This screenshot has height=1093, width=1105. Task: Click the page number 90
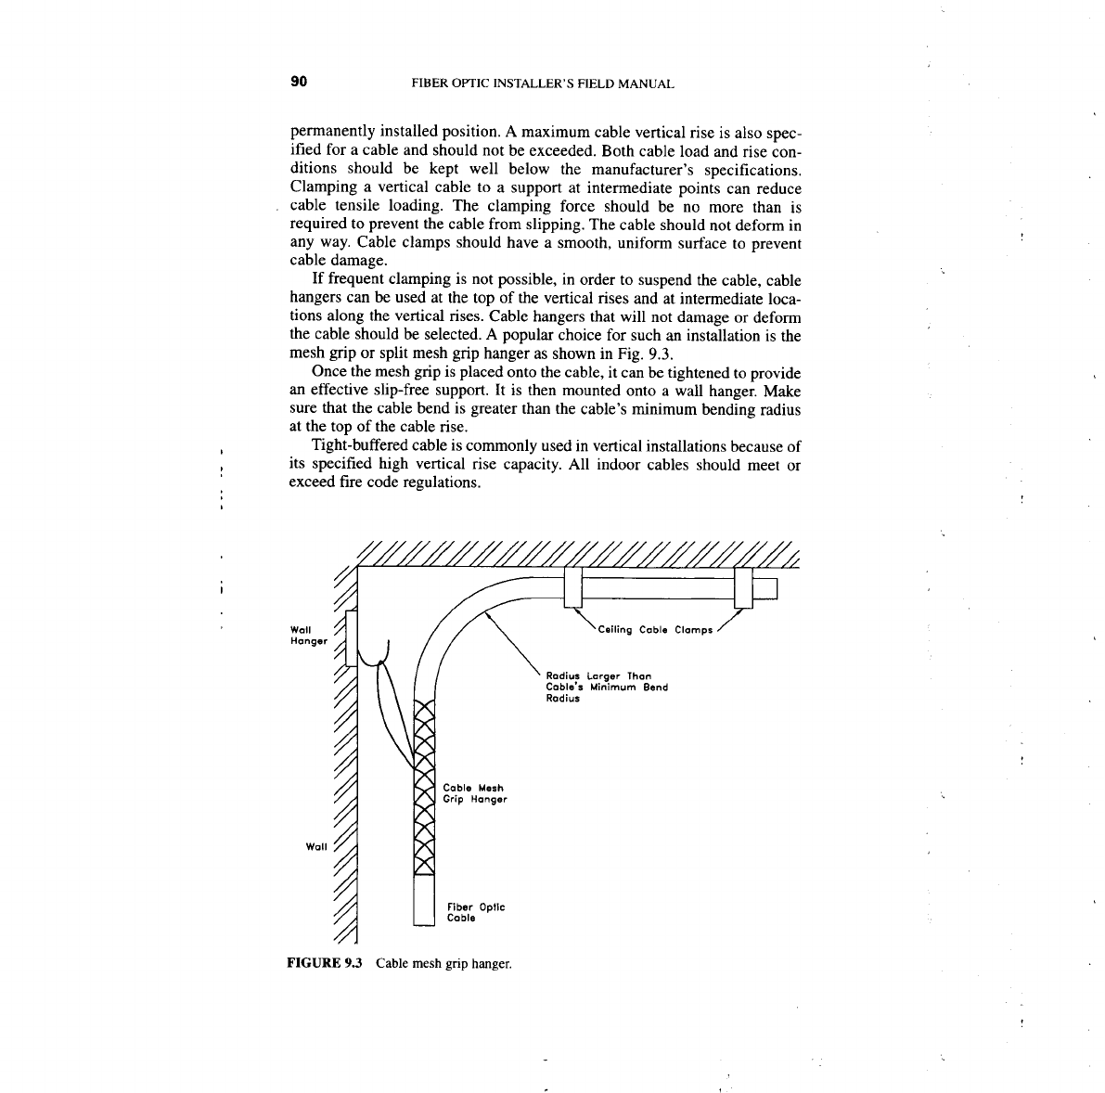(x=299, y=82)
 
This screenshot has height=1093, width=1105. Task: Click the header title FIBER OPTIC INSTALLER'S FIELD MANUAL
(x=541, y=84)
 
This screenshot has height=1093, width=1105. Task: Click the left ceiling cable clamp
(x=572, y=587)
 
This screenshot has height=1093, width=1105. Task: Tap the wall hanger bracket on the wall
(x=351, y=637)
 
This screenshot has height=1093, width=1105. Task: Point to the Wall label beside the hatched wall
(x=317, y=846)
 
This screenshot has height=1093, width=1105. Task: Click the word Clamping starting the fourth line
(x=321, y=188)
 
